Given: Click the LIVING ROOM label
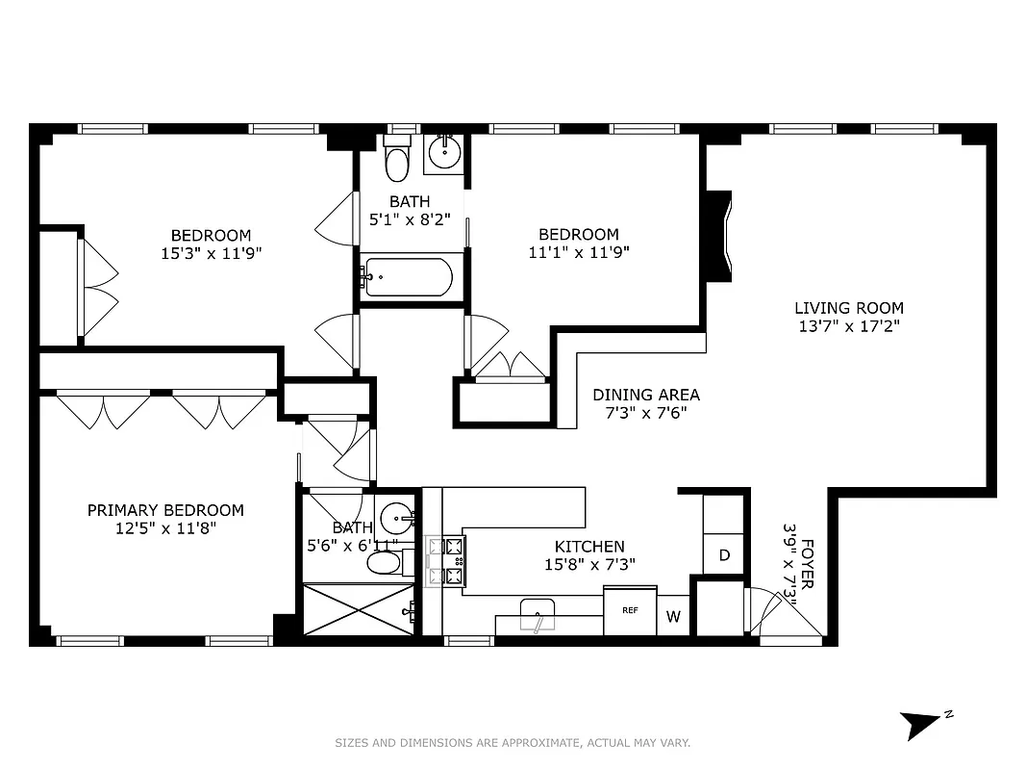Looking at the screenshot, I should click(848, 308).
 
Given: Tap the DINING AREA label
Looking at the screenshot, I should click(645, 395).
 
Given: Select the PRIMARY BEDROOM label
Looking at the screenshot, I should click(165, 510).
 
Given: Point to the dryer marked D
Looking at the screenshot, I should click(724, 555).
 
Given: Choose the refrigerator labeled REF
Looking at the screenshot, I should click(630, 610).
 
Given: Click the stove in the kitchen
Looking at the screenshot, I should click(446, 562).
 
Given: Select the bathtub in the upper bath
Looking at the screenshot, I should click(408, 278).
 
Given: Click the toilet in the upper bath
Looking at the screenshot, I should click(396, 162).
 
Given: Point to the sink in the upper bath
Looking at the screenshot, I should click(444, 151).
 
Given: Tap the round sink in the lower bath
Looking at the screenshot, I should click(398, 520).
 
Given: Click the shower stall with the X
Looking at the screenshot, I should click(359, 609).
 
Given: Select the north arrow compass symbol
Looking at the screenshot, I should click(920, 724).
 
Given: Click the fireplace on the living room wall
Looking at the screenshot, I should click(718, 236).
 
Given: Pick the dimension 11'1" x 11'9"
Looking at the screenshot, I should click(578, 253).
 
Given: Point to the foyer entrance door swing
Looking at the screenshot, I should click(774, 616).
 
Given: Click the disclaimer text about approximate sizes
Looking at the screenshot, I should click(512, 743).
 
